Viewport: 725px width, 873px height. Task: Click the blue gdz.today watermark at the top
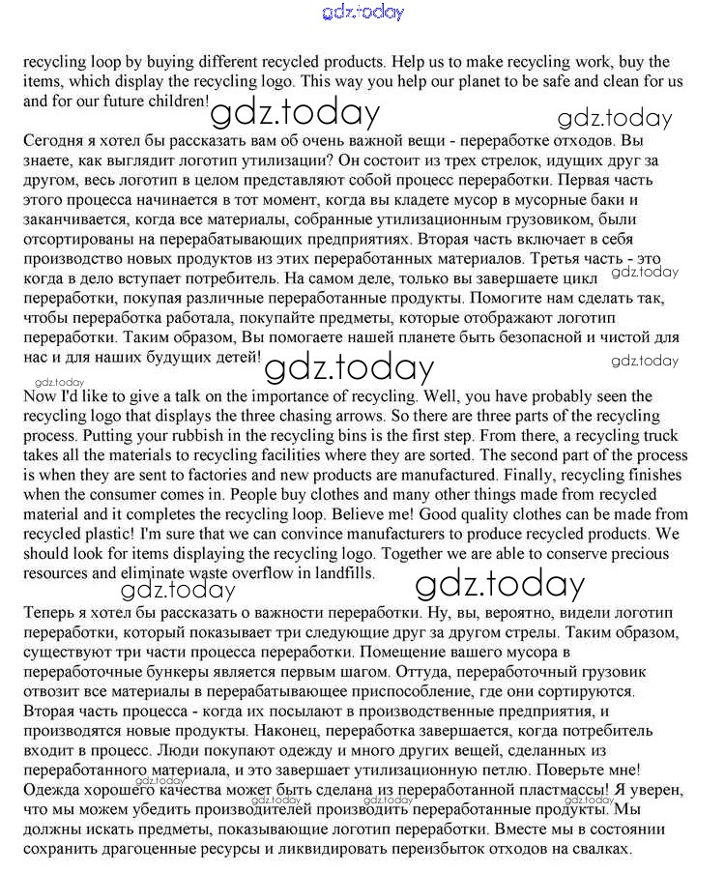[362, 13]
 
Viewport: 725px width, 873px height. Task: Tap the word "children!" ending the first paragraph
[175, 101]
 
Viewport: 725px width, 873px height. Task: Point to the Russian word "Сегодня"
[52, 140]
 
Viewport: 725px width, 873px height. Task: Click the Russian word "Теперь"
[49, 613]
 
